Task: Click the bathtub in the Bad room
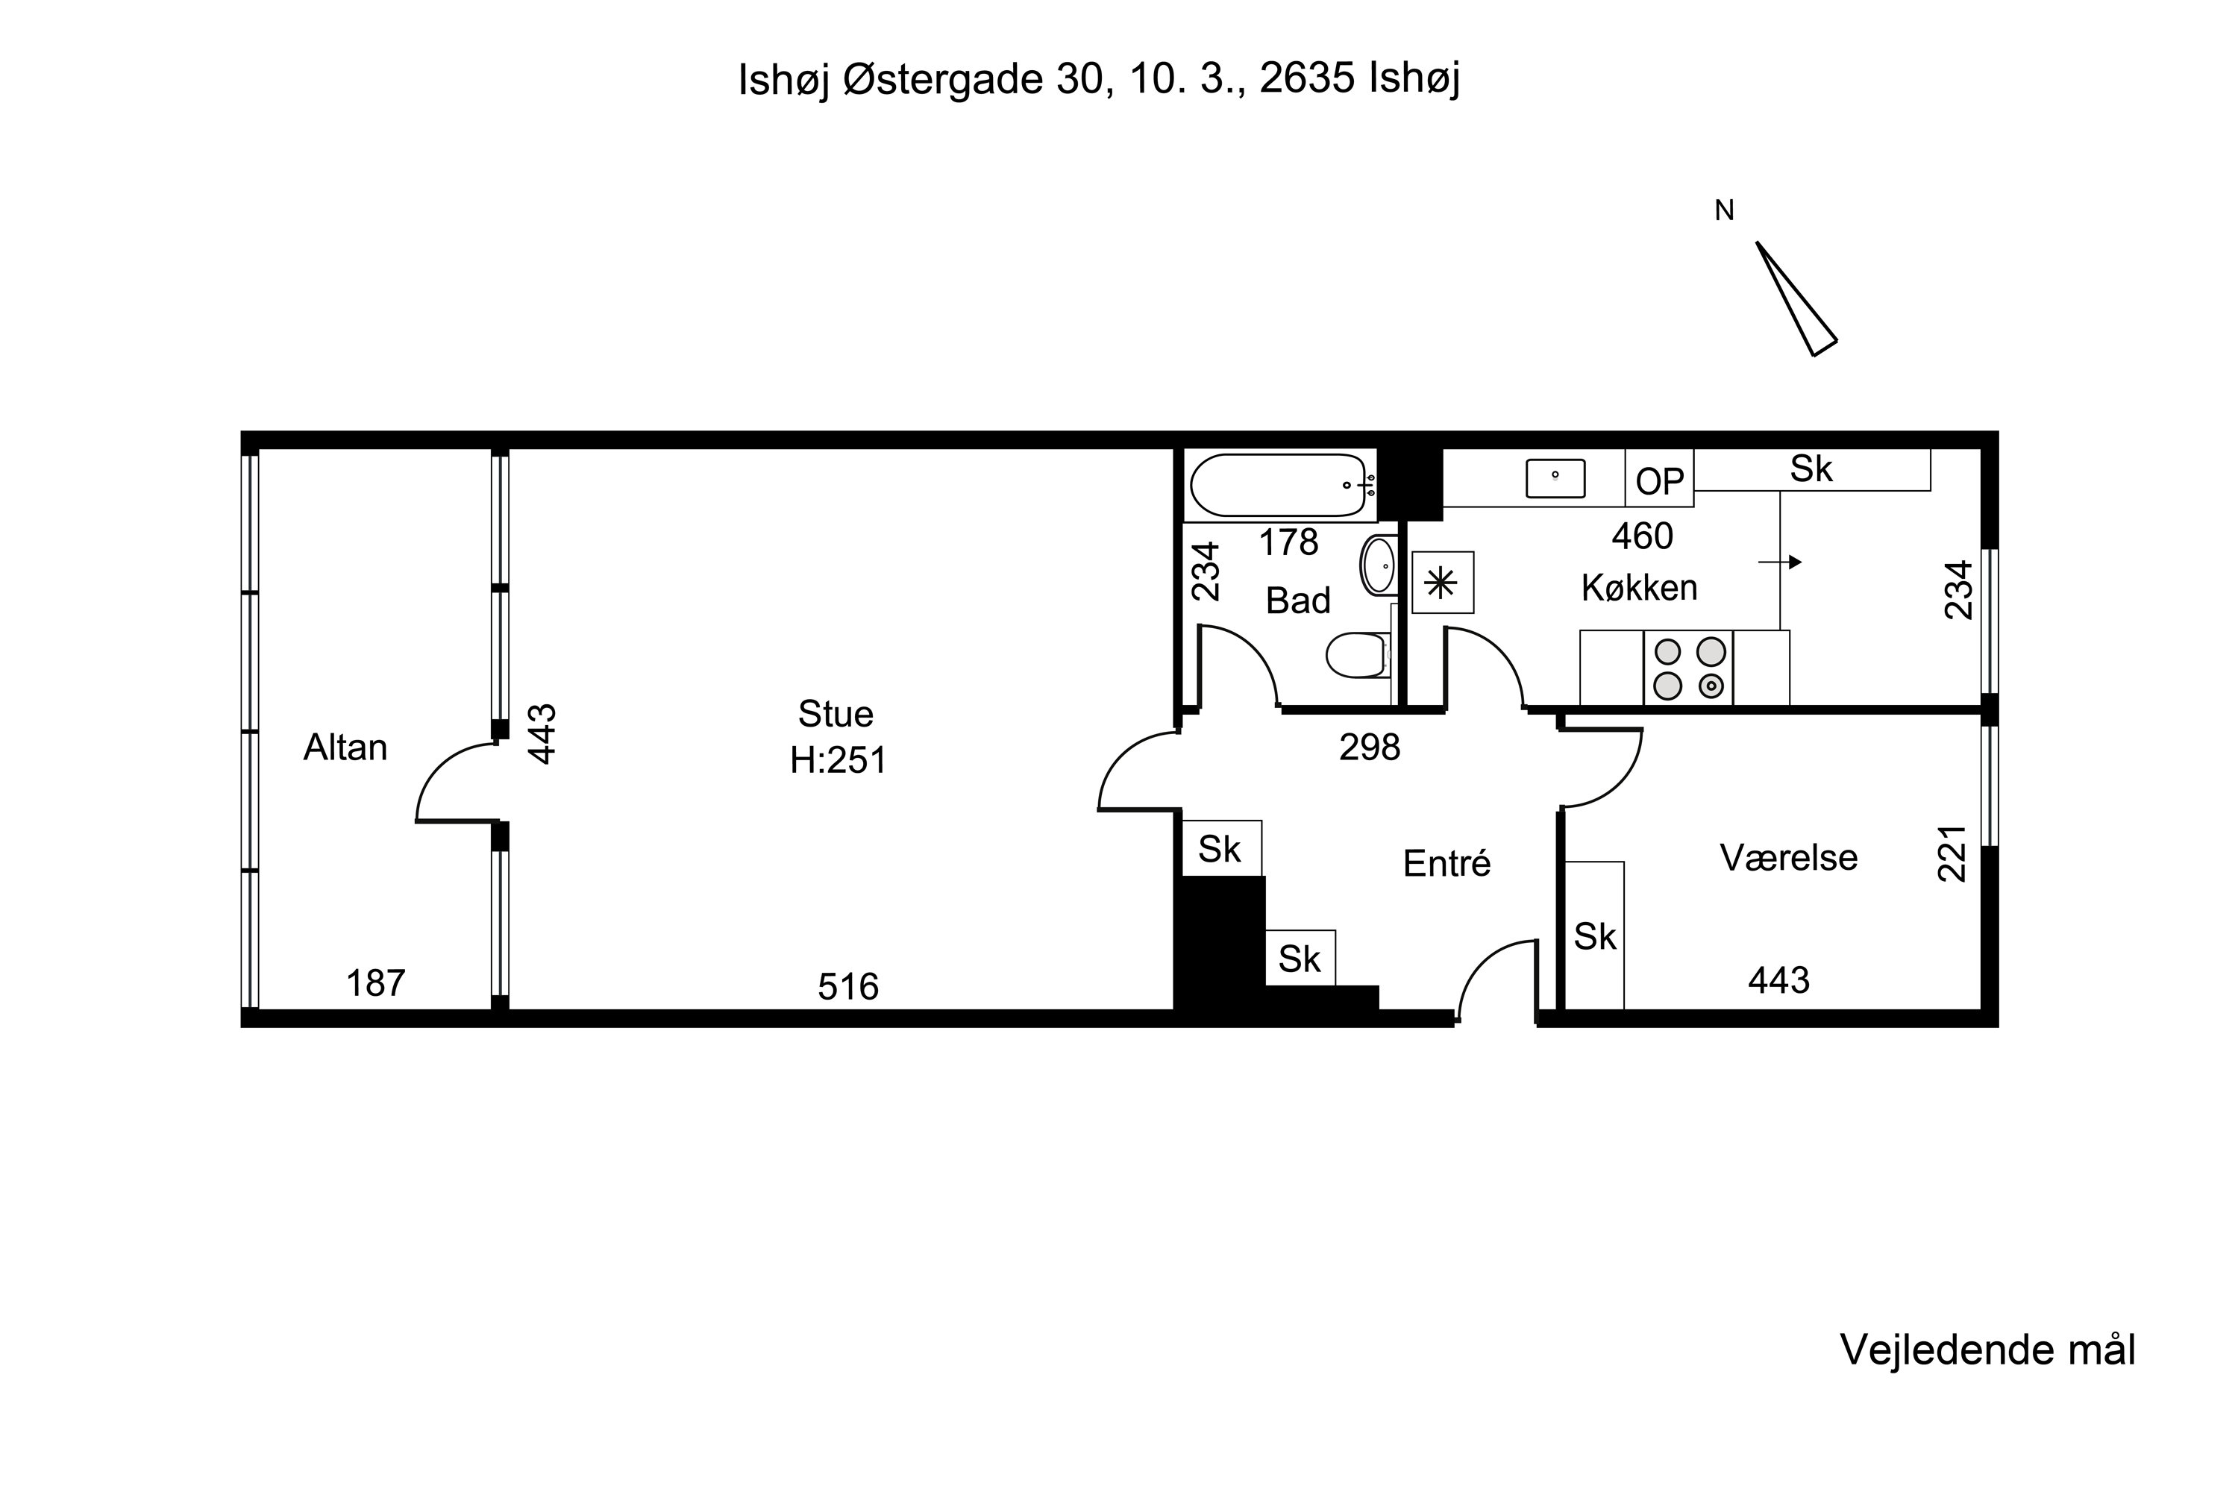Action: [x=1281, y=486]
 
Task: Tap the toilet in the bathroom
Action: [x=1358, y=655]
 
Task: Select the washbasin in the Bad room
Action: [x=1378, y=565]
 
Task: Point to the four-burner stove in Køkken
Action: [x=1688, y=668]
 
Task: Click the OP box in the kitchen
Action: [x=1659, y=479]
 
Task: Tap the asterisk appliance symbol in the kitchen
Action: [x=1443, y=583]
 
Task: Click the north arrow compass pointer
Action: [x=1796, y=299]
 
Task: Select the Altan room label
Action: [x=345, y=748]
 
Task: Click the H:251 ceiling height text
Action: [x=839, y=760]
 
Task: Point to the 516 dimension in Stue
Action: [x=847, y=987]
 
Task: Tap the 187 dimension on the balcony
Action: [x=376, y=983]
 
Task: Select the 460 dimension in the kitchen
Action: [x=1643, y=536]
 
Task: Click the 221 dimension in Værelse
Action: [x=1952, y=853]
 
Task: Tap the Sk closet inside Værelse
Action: [x=1595, y=936]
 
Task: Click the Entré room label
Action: [x=1446, y=863]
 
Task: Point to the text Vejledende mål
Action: [x=1988, y=1350]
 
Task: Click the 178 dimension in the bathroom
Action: [x=1288, y=542]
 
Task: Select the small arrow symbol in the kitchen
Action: [x=1780, y=562]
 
